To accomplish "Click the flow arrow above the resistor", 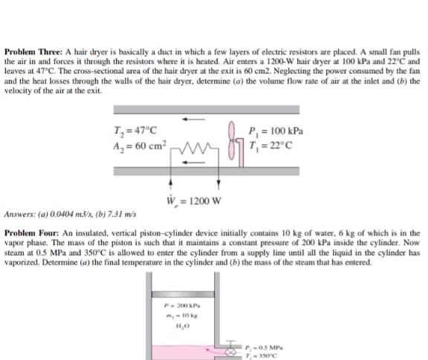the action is [195, 117].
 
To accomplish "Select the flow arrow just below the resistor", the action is [195, 161].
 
